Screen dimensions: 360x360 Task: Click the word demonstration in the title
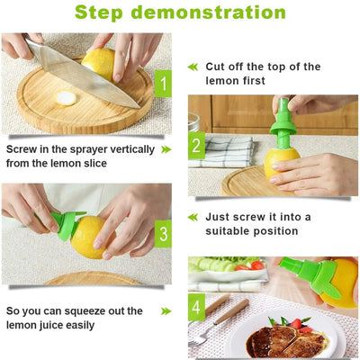coord(223,13)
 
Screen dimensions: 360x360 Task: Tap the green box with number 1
coord(163,85)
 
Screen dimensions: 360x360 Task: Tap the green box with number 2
coord(196,146)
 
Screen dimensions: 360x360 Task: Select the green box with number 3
coord(163,235)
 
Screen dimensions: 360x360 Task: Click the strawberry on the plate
coord(295,323)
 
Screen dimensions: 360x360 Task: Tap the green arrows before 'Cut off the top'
coord(192,67)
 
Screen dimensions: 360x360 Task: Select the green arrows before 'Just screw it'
coord(192,217)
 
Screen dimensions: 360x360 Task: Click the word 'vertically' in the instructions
coord(130,149)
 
